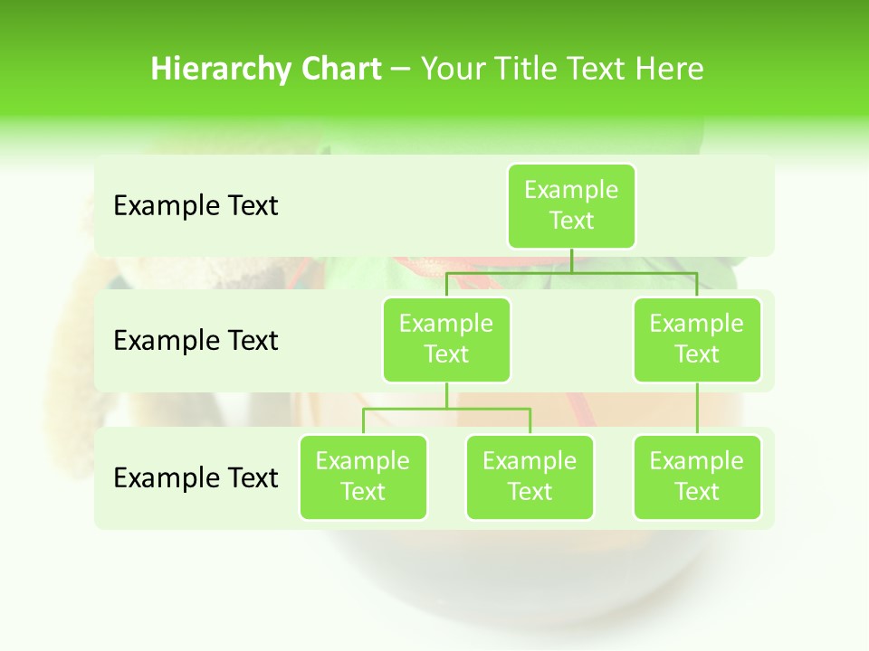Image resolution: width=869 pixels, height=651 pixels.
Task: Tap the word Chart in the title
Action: [x=341, y=69]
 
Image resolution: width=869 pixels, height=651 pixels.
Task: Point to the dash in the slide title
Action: [x=400, y=70]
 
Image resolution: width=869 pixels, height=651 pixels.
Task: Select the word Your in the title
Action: [x=454, y=69]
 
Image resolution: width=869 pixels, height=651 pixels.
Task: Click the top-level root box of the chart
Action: [x=571, y=205]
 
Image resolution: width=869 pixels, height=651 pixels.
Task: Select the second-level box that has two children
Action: [x=446, y=339]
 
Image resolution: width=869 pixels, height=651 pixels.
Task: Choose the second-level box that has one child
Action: [x=697, y=339]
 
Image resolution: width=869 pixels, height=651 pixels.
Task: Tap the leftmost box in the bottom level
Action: [x=363, y=476]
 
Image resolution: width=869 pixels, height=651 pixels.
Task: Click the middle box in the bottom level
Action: [x=530, y=476]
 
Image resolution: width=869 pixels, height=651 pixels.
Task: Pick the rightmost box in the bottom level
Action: [x=697, y=476]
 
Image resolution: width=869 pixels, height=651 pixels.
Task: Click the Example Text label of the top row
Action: [x=196, y=205]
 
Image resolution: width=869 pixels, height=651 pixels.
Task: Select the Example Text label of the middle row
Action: [x=196, y=340]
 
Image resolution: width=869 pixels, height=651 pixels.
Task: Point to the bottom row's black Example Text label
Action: [x=196, y=477]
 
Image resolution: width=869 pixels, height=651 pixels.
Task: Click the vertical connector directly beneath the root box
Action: [x=571, y=260]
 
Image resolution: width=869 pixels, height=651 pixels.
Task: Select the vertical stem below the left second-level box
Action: [x=446, y=395]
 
